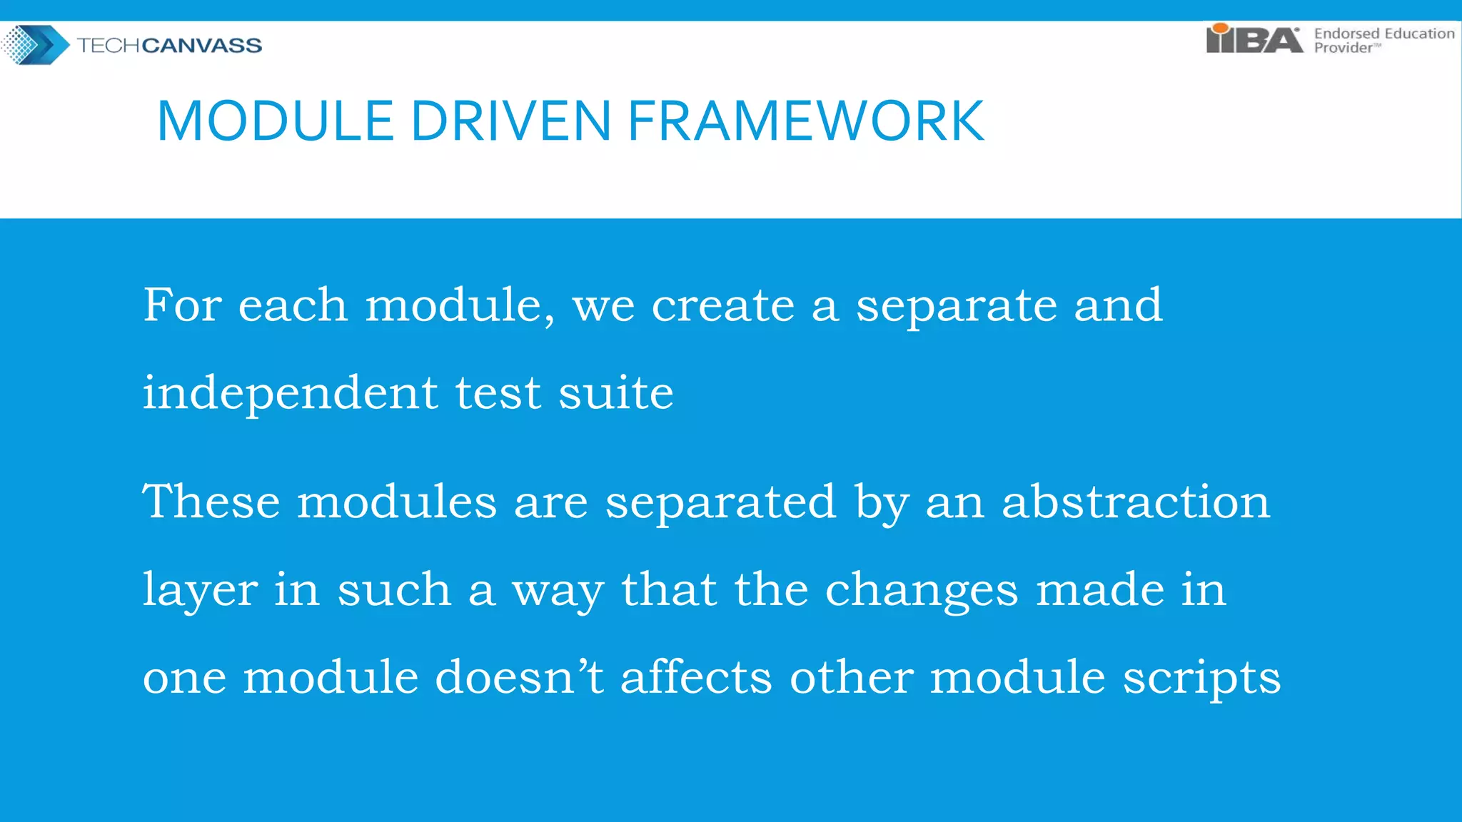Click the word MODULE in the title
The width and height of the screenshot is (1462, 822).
click(275, 121)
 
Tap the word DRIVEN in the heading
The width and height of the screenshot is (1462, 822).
click(510, 121)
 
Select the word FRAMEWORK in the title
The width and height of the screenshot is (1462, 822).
click(806, 121)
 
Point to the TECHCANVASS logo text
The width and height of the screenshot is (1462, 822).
click(169, 46)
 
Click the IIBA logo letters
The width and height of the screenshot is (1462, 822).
click(1254, 40)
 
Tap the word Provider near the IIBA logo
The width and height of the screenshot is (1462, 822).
click(1343, 49)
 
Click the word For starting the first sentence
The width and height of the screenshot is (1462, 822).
click(182, 305)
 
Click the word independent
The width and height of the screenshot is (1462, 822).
click(290, 394)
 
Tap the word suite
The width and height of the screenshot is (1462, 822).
click(615, 394)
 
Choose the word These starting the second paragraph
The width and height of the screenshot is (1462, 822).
click(211, 502)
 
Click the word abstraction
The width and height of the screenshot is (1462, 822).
click(1136, 502)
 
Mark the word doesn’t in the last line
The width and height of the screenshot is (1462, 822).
click(519, 677)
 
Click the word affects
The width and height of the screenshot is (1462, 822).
click(696, 677)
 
